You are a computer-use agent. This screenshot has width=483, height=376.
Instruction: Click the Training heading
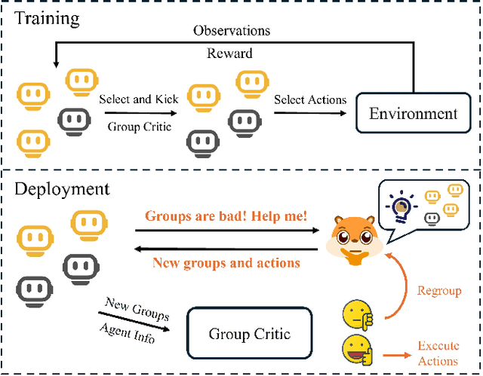pyautogui.click(x=46, y=18)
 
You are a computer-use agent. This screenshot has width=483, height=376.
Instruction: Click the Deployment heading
pyautogui.click(x=62, y=189)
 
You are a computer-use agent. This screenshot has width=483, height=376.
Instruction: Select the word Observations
pyautogui.click(x=231, y=31)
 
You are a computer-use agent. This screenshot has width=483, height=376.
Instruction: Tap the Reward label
pyautogui.click(x=230, y=53)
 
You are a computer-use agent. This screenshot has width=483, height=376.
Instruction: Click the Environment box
pyautogui.click(x=413, y=115)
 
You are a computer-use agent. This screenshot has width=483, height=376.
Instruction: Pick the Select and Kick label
pyautogui.click(x=136, y=99)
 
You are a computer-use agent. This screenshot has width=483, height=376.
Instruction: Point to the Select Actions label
pyautogui.click(x=309, y=99)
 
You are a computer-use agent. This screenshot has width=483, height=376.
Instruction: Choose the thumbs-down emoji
pyautogui.click(x=357, y=314)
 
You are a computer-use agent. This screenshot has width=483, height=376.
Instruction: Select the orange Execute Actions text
pyautogui.click(x=438, y=353)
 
